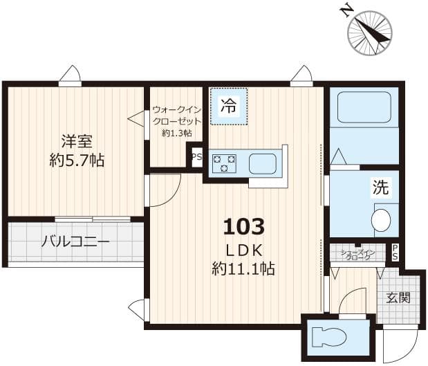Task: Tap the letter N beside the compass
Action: (346, 10)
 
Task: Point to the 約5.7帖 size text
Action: (76, 161)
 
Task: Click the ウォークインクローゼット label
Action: (177, 115)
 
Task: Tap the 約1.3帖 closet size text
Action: (177, 133)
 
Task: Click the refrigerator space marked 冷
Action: (228, 107)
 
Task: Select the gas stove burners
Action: (224, 164)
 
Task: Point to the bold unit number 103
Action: (243, 226)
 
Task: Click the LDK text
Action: (243, 248)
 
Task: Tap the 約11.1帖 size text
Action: (243, 268)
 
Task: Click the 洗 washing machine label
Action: (381, 187)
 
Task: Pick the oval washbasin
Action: (380, 220)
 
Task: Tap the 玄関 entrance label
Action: (398, 298)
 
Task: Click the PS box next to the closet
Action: (196, 156)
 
